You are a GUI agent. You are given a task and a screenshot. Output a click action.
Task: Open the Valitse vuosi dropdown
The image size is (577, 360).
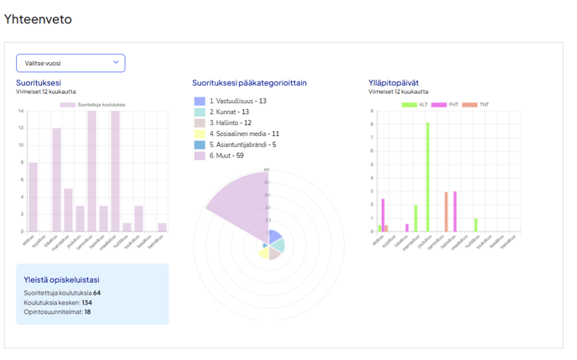70,63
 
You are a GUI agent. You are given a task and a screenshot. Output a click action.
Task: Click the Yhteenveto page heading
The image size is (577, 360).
38,18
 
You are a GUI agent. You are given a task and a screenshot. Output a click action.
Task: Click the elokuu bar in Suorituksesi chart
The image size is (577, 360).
34,197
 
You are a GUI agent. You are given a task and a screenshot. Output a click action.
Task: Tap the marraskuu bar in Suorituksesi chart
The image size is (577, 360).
69,210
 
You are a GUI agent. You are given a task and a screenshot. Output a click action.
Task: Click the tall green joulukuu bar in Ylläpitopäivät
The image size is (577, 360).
427,177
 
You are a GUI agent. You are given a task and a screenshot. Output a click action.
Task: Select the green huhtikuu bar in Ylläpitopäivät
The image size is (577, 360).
475,225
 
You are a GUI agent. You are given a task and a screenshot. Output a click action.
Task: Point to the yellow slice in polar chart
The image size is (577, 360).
263,253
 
